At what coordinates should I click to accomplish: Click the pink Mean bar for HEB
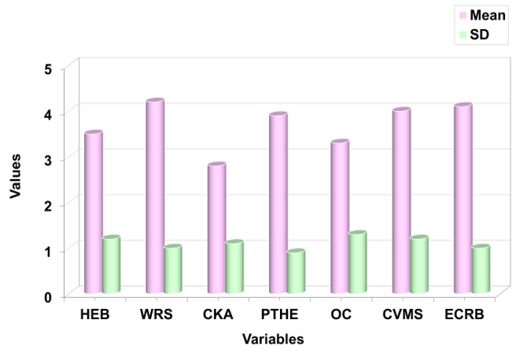(94, 212)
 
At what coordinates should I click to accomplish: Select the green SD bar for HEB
(111, 265)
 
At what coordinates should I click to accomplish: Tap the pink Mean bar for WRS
(155, 197)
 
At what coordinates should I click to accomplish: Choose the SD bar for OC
(357, 263)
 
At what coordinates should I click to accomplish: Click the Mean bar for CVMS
(401, 201)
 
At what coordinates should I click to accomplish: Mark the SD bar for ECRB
(480, 270)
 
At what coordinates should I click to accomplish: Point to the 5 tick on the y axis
(48, 68)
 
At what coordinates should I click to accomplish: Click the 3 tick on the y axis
(48, 160)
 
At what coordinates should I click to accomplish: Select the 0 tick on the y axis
(48, 296)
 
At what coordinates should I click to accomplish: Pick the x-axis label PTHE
(278, 315)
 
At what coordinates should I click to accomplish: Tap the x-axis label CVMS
(402, 315)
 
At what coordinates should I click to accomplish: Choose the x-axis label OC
(340, 315)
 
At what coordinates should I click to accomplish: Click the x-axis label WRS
(156, 315)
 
